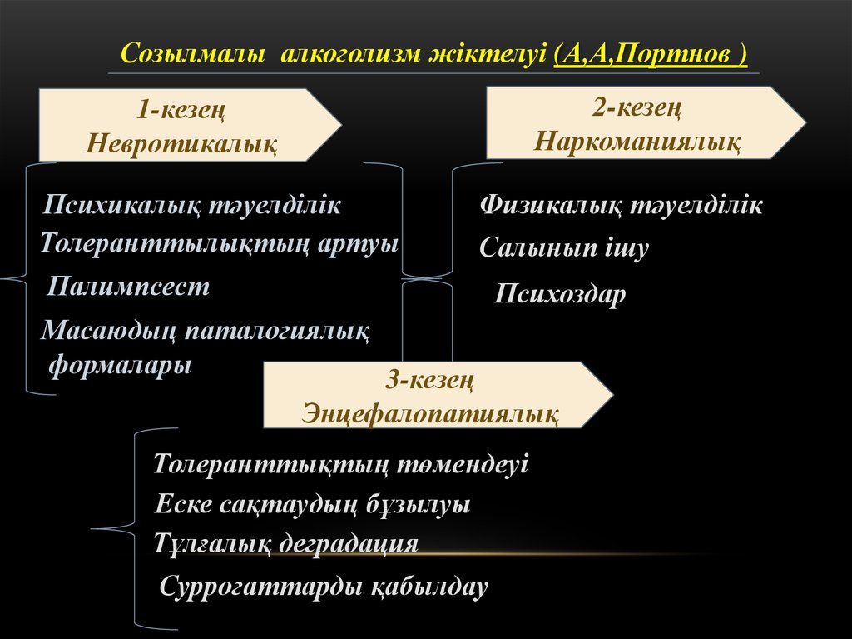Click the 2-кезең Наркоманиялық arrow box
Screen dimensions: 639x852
coord(637,122)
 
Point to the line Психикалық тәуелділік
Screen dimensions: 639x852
coord(193,205)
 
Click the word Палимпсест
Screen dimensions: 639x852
coord(129,287)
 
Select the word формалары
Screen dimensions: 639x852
coord(121,365)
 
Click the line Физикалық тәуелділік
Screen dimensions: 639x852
coord(621,206)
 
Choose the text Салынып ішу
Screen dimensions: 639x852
coord(563,248)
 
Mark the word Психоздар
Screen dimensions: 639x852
coord(560,294)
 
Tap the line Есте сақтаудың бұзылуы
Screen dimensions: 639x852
coord(313,505)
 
